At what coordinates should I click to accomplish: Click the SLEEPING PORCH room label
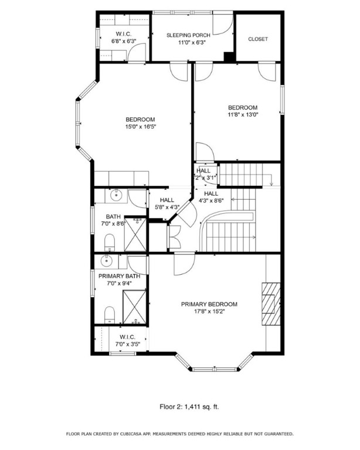click(x=188, y=35)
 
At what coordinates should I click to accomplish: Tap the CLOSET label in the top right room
click(x=258, y=39)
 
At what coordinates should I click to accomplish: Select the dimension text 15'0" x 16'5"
click(x=140, y=127)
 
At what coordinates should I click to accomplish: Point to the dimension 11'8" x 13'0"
click(x=243, y=115)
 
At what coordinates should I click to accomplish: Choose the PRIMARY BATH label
click(x=119, y=276)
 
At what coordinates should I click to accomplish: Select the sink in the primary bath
click(x=108, y=261)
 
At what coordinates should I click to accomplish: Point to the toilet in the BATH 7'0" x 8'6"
click(x=109, y=242)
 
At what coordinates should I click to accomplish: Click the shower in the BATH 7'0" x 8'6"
click(x=136, y=233)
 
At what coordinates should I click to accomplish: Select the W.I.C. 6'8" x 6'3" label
click(x=123, y=38)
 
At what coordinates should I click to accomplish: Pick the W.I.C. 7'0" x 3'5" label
click(x=127, y=340)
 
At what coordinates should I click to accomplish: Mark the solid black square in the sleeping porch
click(x=229, y=56)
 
